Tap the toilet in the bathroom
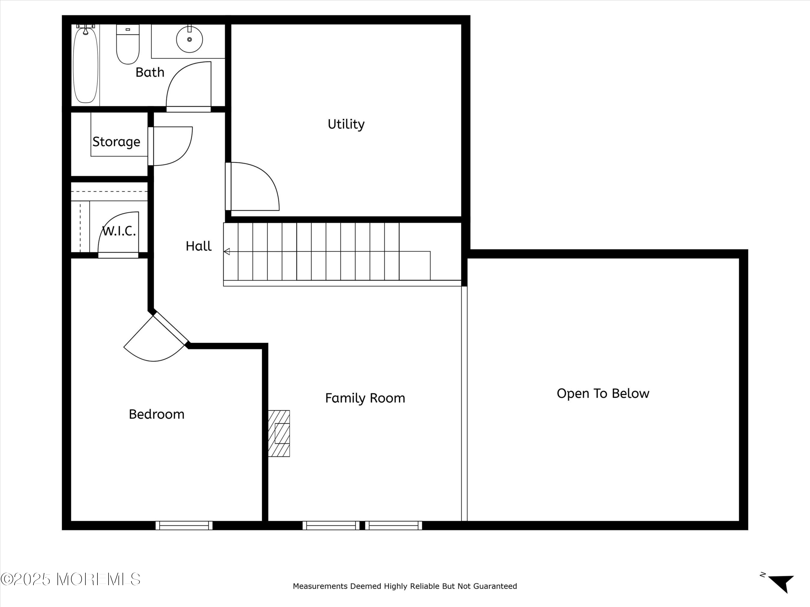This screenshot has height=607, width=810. coord(128,44)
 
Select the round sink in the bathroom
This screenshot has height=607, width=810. coord(189,39)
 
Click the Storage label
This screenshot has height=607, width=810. coord(116,142)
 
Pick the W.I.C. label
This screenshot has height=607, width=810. coord(119,231)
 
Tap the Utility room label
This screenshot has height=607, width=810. coord(346,124)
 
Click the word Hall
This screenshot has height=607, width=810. coord(198,246)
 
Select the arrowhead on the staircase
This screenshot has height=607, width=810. coord(227,251)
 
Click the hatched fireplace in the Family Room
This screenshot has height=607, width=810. coord(279,433)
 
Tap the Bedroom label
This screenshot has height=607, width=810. coord(156,414)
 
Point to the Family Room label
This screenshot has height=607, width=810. coord(365,398)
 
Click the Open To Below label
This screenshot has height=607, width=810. coord(603,393)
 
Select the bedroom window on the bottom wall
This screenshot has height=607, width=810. coord(184,526)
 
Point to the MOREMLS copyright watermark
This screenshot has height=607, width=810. coord(70,579)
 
